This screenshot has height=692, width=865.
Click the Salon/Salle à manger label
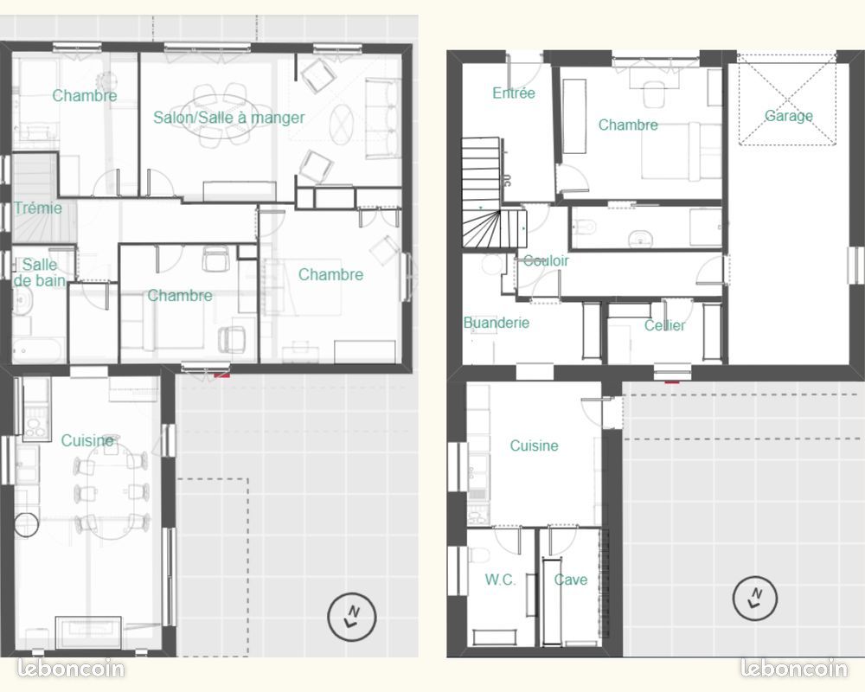(x=229, y=118)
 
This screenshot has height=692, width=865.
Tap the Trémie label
(x=38, y=208)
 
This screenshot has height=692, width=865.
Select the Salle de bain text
(x=39, y=272)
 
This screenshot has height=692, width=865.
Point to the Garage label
(x=788, y=116)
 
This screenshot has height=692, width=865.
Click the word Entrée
(x=514, y=93)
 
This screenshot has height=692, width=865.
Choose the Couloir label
(x=546, y=260)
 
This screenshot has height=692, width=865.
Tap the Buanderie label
(x=497, y=323)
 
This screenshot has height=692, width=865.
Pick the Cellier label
(x=664, y=325)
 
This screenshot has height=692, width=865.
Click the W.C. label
(x=500, y=580)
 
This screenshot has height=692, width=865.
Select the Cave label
(x=571, y=580)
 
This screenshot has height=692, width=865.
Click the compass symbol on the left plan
(x=352, y=617)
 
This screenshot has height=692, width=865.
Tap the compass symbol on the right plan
(x=755, y=599)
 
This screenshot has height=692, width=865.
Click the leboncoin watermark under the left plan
(x=71, y=669)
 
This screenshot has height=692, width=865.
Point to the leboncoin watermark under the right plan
(x=794, y=669)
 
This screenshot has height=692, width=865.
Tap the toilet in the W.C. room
(x=479, y=554)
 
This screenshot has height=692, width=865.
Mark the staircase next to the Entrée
(x=485, y=193)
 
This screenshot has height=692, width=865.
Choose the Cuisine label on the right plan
(x=534, y=445)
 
